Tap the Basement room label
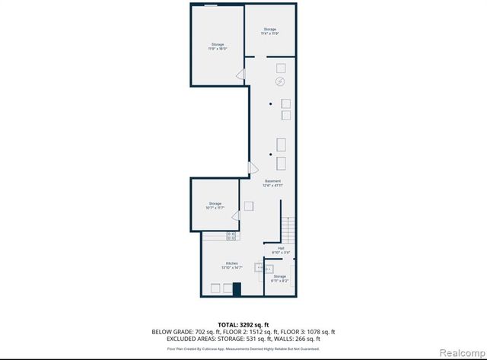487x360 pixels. (272, 183)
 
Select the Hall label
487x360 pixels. (280, 250)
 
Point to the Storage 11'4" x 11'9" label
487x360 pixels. (270, 32)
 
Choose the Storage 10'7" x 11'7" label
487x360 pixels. (215, 205)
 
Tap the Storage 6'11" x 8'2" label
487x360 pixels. (280, 278)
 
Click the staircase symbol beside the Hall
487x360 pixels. (288, 229)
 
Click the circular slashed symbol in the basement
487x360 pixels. (279, 81)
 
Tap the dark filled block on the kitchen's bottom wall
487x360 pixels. (237, 289)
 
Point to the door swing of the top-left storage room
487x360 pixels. (240, 75)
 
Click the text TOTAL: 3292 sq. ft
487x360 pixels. (243, 325)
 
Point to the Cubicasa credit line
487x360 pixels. (243, 349)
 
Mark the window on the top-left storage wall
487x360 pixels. (214, 5)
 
